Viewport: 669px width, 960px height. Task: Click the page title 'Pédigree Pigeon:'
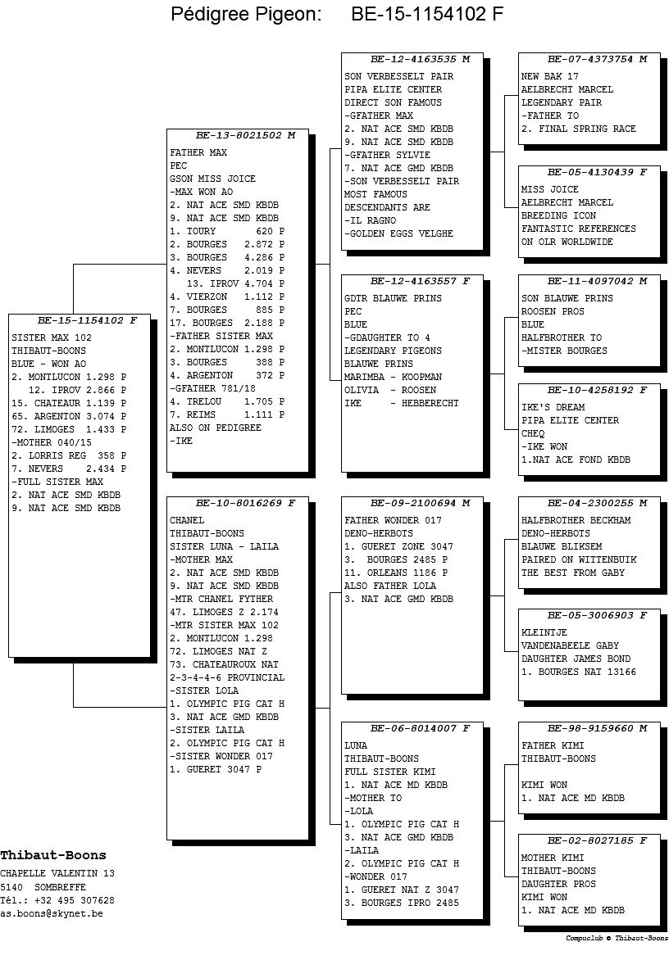[x=246, y=13]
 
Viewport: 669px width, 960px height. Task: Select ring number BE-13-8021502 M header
[x=245, y=135]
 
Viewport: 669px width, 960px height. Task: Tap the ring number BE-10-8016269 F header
[x=245, y=503]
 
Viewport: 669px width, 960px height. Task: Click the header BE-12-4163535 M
[x=421, y=60]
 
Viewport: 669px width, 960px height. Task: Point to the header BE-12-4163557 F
[x=421, y=282]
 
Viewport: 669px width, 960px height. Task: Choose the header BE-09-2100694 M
[x=421, y=503]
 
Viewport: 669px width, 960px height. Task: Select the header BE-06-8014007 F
[x=421, y=728]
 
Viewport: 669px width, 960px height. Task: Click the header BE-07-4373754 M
[x=598, y=60]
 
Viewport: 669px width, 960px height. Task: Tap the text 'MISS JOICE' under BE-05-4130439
[x=549, y=189]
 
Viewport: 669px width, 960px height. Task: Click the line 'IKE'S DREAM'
[x=553, y=407]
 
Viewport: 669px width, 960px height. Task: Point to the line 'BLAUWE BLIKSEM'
[x=561, y=546]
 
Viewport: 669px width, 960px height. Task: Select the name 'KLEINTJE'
[x=544, y=632]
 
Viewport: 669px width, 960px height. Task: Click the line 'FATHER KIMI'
[x=553, y=745]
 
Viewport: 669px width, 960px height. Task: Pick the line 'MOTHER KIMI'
[x=553, y=858]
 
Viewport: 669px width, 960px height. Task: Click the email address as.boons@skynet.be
[x=52, y=913]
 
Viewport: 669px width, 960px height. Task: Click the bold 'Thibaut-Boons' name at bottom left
[x=53, y=855]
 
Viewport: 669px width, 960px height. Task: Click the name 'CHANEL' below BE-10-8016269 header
[x=187, y=520]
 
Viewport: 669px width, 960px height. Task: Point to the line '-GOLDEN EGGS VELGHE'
[x=398, y=233]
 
